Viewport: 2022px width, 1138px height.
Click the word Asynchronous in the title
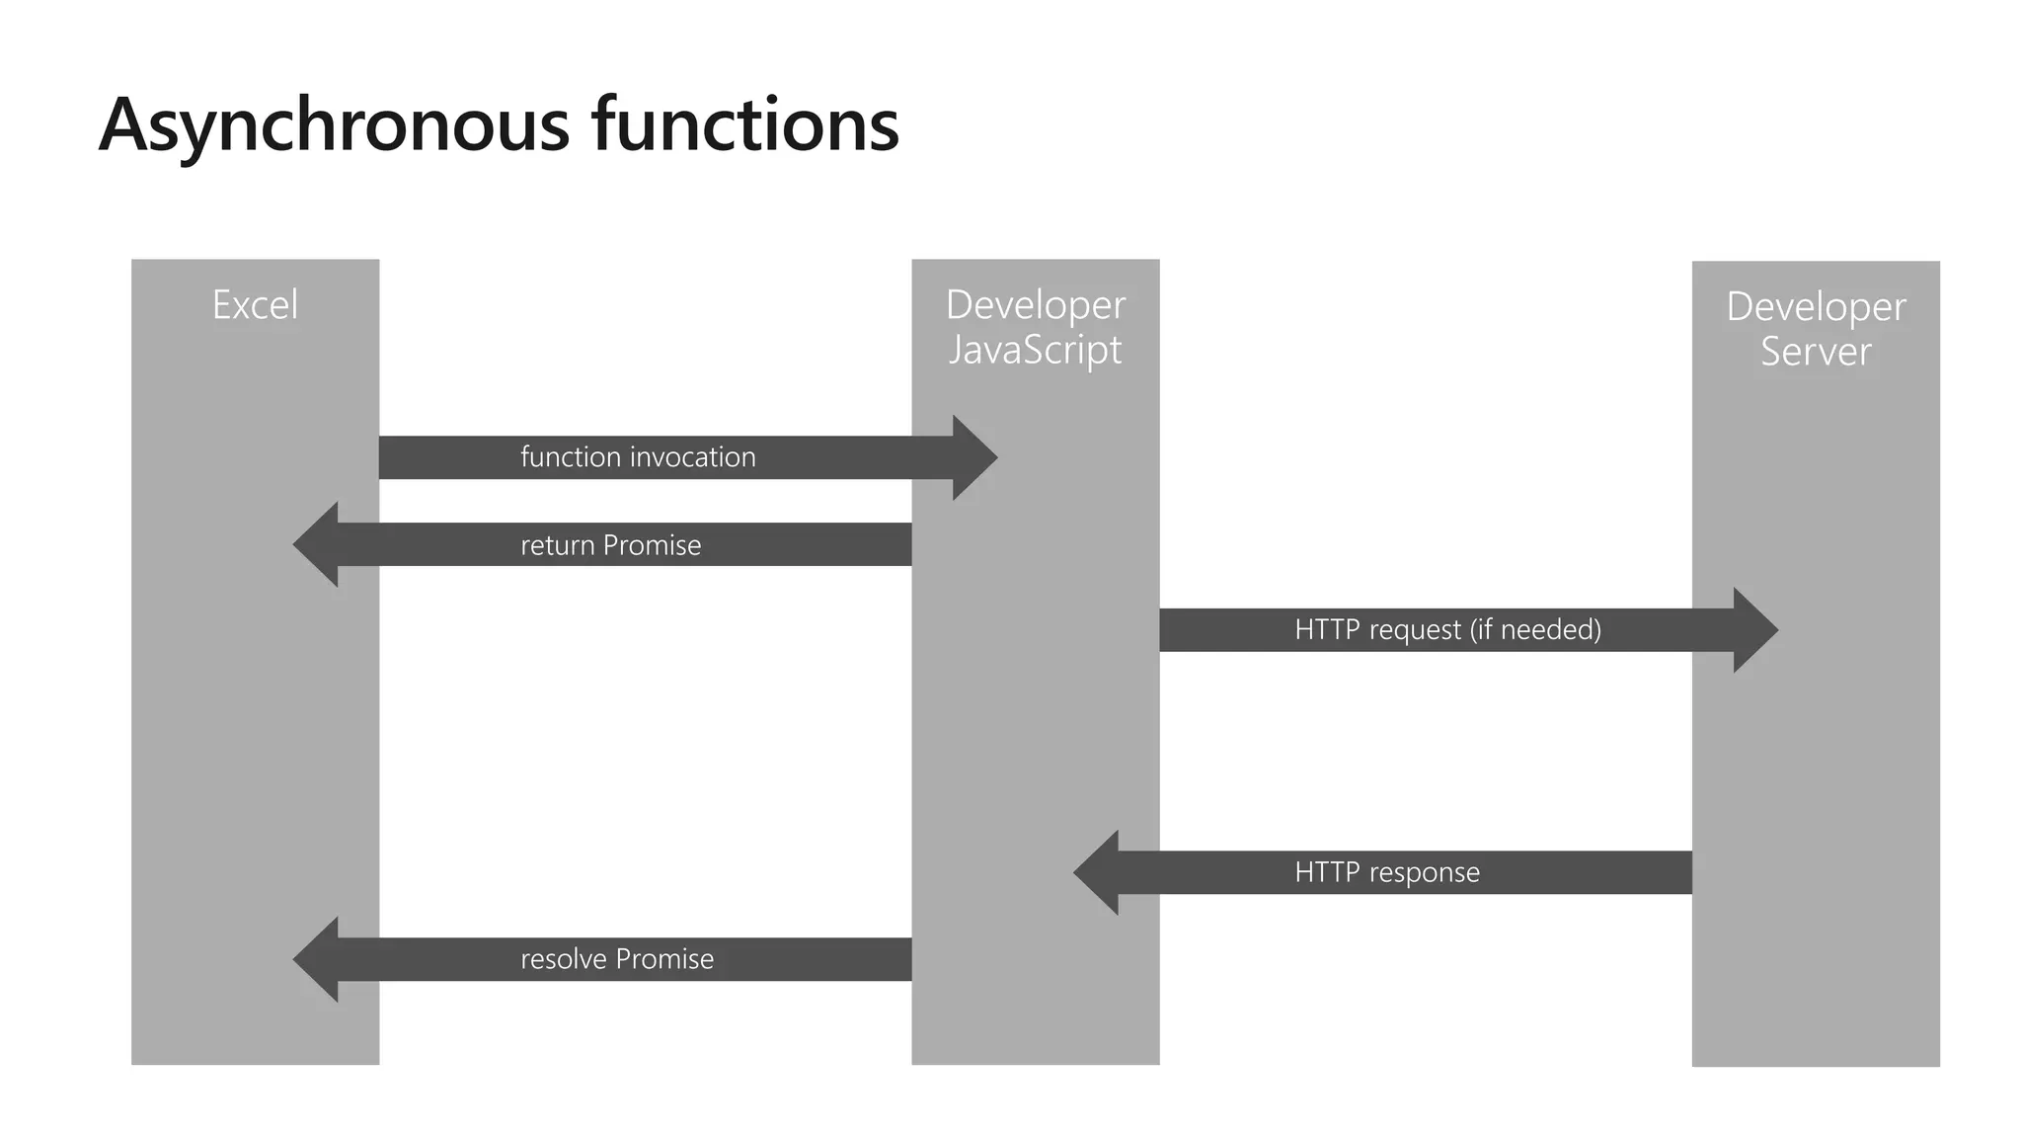pos(334,125)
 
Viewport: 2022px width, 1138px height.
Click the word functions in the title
pos(745,125)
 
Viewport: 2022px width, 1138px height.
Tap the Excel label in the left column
pos(255,304)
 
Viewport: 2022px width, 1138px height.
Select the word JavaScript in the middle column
pos(1035,350)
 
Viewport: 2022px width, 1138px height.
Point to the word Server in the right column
pos(1816,352)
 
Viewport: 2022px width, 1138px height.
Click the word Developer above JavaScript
pos(1035,304)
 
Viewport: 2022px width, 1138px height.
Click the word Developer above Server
pos(1816,306)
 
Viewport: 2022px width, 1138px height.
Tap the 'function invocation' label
pos(638,457)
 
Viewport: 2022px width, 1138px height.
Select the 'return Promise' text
pos(610,545)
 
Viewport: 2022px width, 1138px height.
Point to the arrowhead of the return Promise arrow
pos(316,544)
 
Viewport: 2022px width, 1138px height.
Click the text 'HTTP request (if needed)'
pos(1447,630)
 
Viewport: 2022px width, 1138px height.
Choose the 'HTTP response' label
pos(1387,872)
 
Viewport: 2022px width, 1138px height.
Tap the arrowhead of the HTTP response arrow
pos(1097,872)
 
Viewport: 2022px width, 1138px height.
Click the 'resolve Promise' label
pos(617,959)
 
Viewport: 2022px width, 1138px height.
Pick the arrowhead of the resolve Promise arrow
pos(316,959)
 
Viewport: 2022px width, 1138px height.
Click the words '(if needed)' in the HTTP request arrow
pos(1535,630)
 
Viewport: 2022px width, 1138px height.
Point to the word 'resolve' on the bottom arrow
pos(564,959)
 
